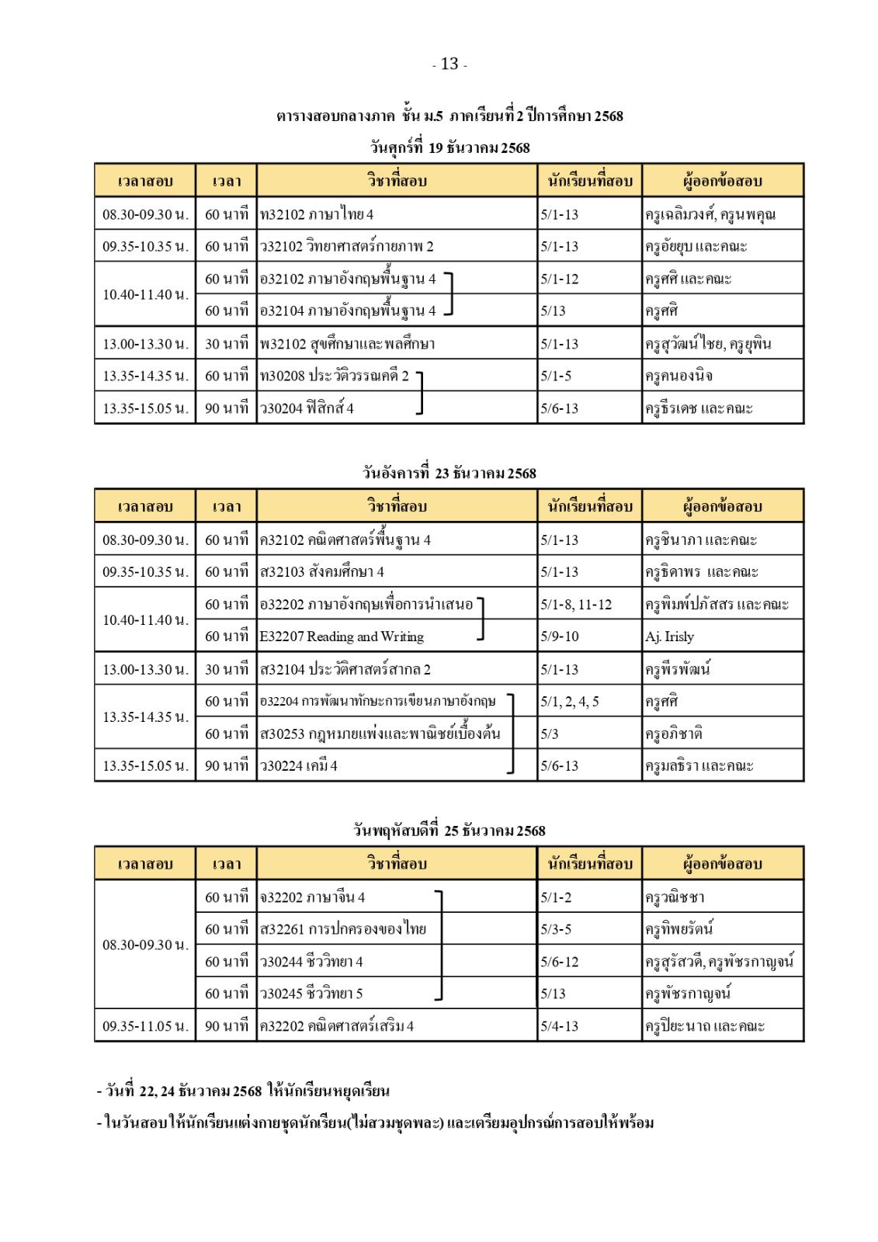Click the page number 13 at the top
[449, 64]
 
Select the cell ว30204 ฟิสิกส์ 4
[307, 408]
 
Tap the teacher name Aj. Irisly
[669, 637]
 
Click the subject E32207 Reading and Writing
[342, 637]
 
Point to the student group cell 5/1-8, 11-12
[576, 604]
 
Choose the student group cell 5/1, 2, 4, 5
[570, 702]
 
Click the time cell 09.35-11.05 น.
[145, 1026]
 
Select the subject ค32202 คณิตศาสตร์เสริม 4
[337, 1026]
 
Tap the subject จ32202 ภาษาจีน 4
[312, 897]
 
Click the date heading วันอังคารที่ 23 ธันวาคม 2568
[449, 474]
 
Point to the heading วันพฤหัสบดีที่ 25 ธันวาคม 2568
[449, 831]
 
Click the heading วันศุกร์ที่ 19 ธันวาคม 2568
[449, 147]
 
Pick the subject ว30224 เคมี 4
[299, 766]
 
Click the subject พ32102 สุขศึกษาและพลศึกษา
[347, 344]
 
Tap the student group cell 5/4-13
[560, 1026]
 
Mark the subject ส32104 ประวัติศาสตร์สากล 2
[345, 669]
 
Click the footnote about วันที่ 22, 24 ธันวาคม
[244, 1091]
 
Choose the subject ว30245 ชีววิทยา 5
[311, 994]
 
